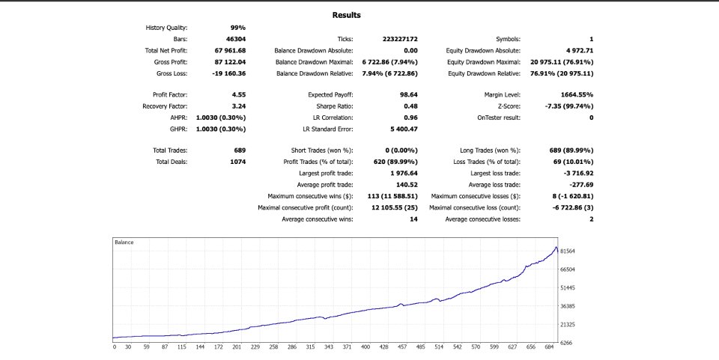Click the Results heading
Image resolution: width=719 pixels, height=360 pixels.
click(346, 15)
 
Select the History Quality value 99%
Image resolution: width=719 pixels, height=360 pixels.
click(237, 28)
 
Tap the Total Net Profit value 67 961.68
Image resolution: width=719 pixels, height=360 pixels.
click(231, 50)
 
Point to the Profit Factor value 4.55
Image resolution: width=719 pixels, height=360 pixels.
click(239, 95)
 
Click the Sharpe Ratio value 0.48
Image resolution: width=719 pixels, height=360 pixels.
click(410, 106)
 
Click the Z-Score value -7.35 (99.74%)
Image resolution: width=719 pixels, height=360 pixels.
click(566, 106)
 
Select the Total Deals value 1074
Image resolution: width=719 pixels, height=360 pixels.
click(236, 162)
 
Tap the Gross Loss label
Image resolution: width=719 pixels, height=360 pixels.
click(171, 73)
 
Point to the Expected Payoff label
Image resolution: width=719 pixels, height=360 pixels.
click(330, 95)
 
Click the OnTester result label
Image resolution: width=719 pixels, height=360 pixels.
click(498, 118)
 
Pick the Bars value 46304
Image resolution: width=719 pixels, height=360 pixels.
click(235, 39)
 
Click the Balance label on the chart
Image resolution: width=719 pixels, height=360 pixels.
click(124, 242)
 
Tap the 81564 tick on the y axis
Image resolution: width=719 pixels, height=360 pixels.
click(567, 251)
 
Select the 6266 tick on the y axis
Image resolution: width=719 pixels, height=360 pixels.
click(565, 343)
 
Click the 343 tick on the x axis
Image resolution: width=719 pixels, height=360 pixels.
click(328, 348)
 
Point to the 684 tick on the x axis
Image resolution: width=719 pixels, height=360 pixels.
click(550, 348)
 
